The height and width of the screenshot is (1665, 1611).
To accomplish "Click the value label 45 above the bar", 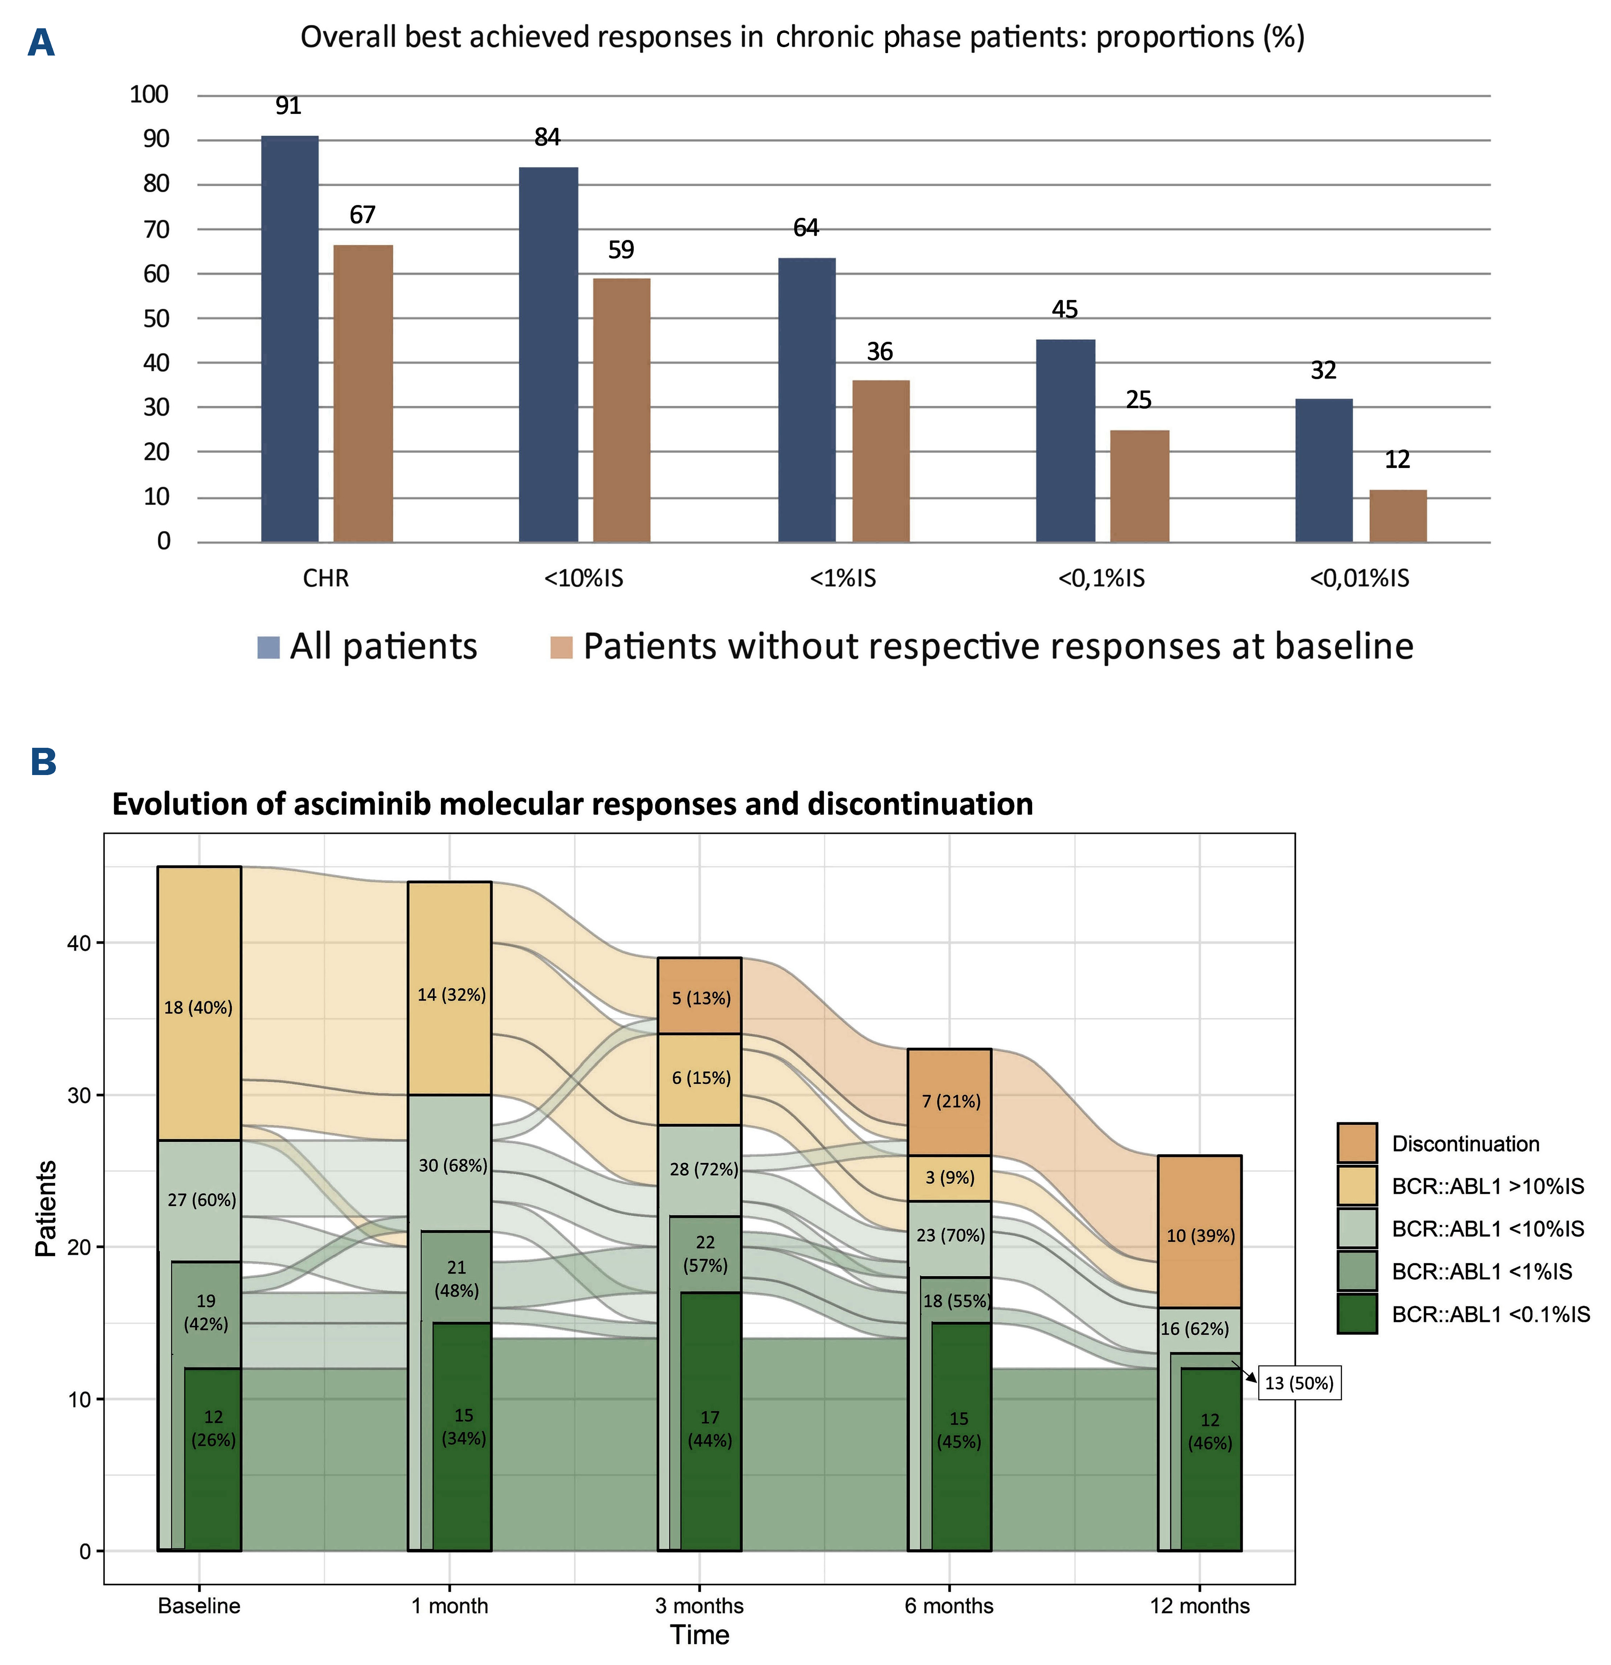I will [1065, 309].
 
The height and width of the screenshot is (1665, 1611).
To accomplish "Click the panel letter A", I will [41, 43].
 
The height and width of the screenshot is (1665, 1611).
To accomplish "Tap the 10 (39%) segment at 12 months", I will [1200, 1236].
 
